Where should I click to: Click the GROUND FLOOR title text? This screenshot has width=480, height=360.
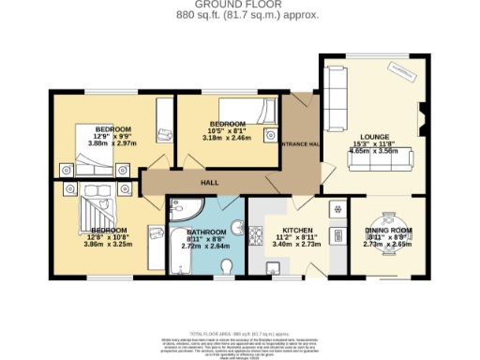coord(239,5)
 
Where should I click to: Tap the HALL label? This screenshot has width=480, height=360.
coord(211,183)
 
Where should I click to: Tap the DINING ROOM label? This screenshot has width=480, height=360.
coord(388,230)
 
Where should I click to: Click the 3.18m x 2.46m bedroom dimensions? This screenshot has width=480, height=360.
coord(228,138)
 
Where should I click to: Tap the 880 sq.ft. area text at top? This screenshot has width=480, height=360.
coord(239,15)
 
